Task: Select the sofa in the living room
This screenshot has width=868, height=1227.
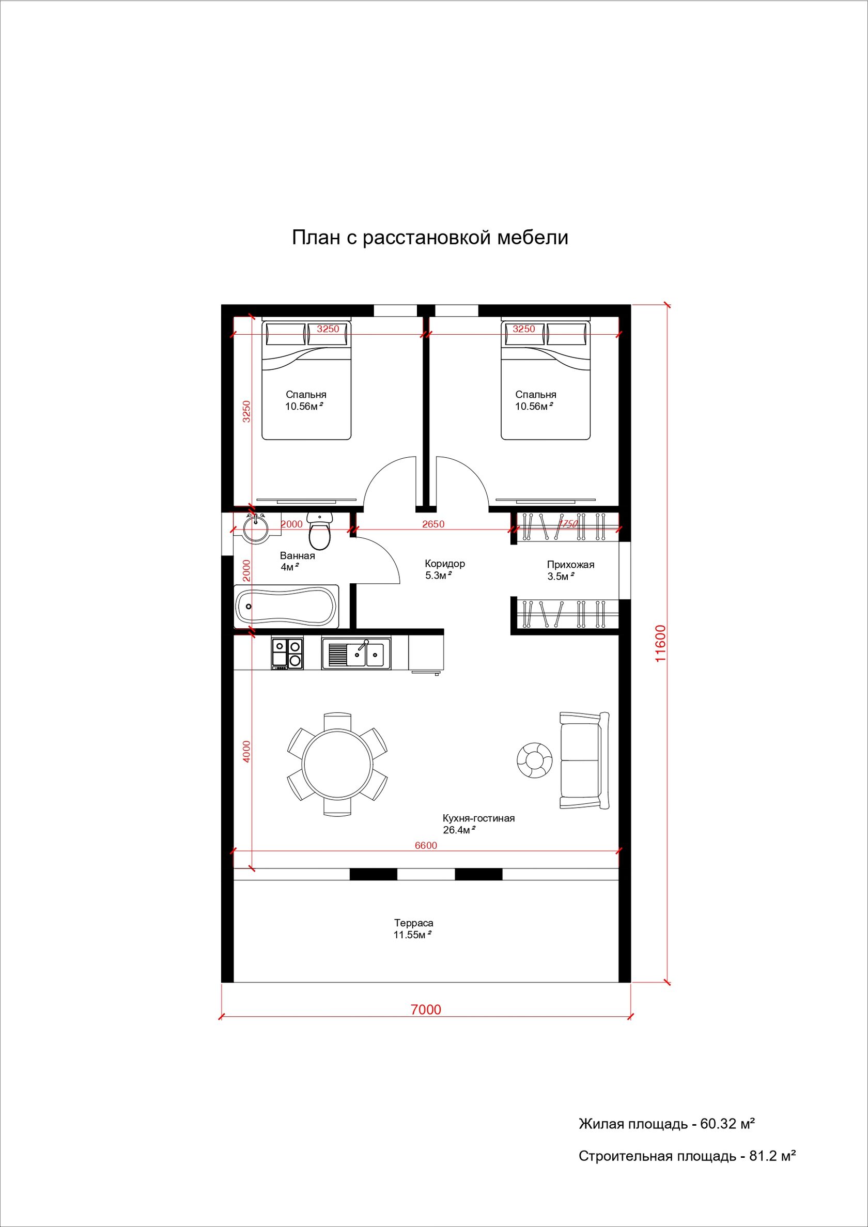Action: click(584, 760)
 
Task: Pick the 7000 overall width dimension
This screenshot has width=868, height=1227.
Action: click(426, 1009)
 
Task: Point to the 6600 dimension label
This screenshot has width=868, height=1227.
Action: click(426, 845)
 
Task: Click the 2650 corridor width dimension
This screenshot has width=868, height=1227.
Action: click(433, 524)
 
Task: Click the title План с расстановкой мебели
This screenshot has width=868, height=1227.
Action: click(430, 237)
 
